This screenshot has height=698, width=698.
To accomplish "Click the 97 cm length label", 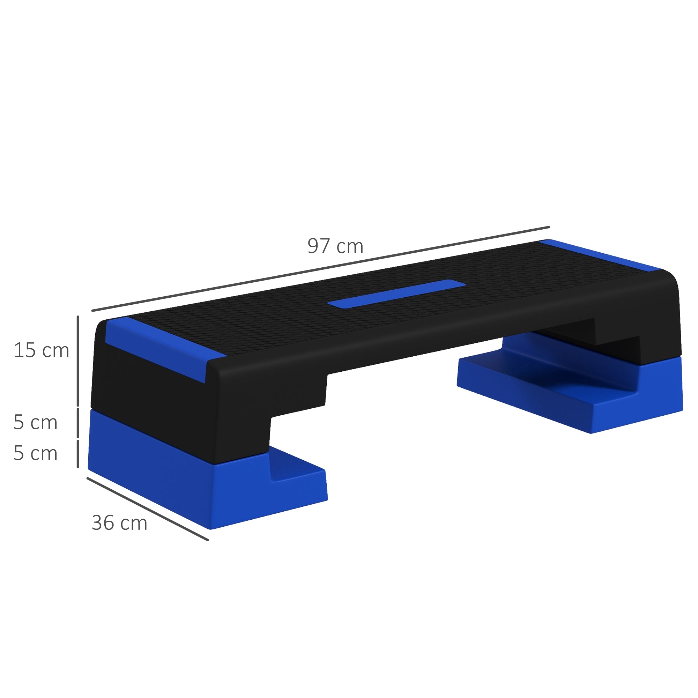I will tap(335, 246).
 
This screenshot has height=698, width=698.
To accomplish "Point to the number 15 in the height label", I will tap(24, 351).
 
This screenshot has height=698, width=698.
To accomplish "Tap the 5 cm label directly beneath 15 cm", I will tap(35, 422).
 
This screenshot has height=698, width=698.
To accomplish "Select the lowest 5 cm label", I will tap(35, 453).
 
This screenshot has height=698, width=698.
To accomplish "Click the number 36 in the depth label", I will tap(103, 523).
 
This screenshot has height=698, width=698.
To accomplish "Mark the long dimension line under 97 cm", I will tap(321, 269).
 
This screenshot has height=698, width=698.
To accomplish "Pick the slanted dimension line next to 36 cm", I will tap(147, 509).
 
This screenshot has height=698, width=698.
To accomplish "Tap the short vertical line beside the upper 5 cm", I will tap(78, 423).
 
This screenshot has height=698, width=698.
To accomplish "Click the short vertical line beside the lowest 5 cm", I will tap(78, 453).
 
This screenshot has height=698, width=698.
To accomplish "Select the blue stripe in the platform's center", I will tap(396, 294).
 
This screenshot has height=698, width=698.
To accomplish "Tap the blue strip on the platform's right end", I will tap(600, 255).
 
